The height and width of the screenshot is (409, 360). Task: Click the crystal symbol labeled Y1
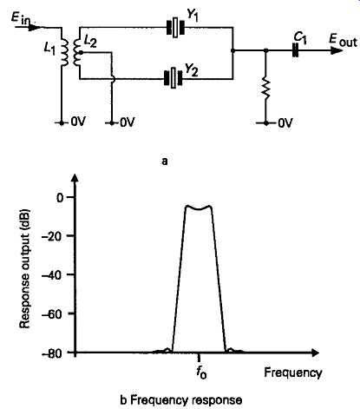[175, 28]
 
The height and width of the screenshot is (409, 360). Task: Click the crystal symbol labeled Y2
[173, 78]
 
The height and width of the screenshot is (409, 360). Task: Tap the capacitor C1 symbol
[295, 50]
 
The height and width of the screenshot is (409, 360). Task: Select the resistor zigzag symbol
[266, 88]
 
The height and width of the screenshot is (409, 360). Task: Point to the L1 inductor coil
[65, 51]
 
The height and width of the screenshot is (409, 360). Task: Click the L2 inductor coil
[77, 52]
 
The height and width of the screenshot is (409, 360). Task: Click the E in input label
[23, 18]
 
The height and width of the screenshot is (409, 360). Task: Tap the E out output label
[343, 41]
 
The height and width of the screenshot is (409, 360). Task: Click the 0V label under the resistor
[285, 123]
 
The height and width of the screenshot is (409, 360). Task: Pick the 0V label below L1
[78, 122]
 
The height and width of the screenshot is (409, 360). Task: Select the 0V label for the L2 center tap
[127, 122]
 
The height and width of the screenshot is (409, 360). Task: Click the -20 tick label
[54, 236]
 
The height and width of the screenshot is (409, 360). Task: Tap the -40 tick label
[54, 274]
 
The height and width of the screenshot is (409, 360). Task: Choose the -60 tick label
[54, 313]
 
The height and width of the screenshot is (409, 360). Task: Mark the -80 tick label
[54, 353]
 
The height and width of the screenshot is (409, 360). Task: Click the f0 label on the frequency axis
[201, 372]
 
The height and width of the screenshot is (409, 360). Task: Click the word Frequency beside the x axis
[293, 373]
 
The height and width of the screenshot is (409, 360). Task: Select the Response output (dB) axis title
[25, 268]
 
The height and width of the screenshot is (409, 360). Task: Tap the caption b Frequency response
[181, 400]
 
